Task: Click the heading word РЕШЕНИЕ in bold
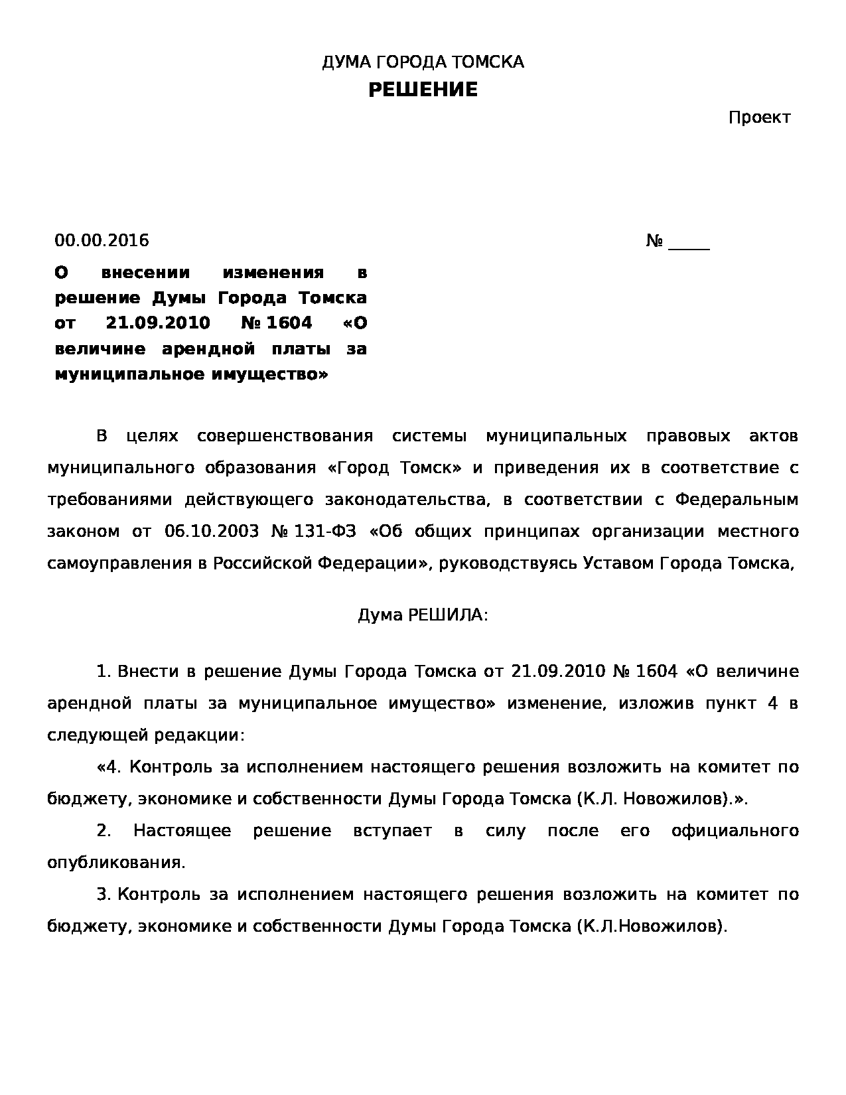(423, 90)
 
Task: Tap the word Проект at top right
(759, 118)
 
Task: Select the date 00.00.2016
(102, 240)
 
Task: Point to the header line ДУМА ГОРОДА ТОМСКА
(423, 62)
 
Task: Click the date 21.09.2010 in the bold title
(158, 323)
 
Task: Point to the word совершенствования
(285, 436)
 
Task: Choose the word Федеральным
(737, 500)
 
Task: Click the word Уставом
(611, 563)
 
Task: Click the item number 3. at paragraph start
(104, 895)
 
